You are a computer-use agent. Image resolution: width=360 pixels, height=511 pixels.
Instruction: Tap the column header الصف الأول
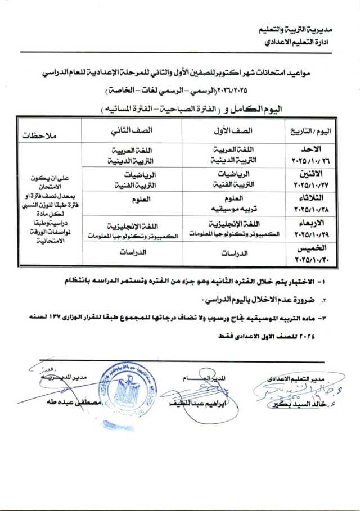tap(233, 130)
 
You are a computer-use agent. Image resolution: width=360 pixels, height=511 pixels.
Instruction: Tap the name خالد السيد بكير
tap(292, 406)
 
